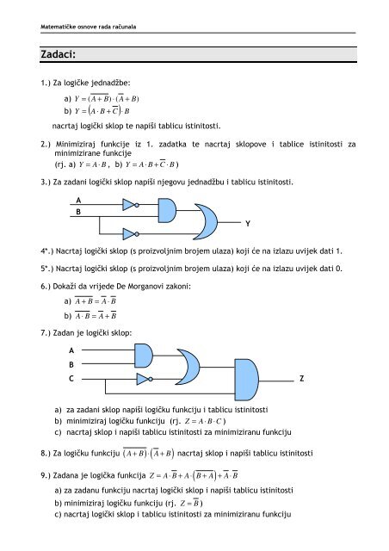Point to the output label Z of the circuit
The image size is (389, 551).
pos(300,380)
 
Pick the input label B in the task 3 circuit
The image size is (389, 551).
pos(79,210)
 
